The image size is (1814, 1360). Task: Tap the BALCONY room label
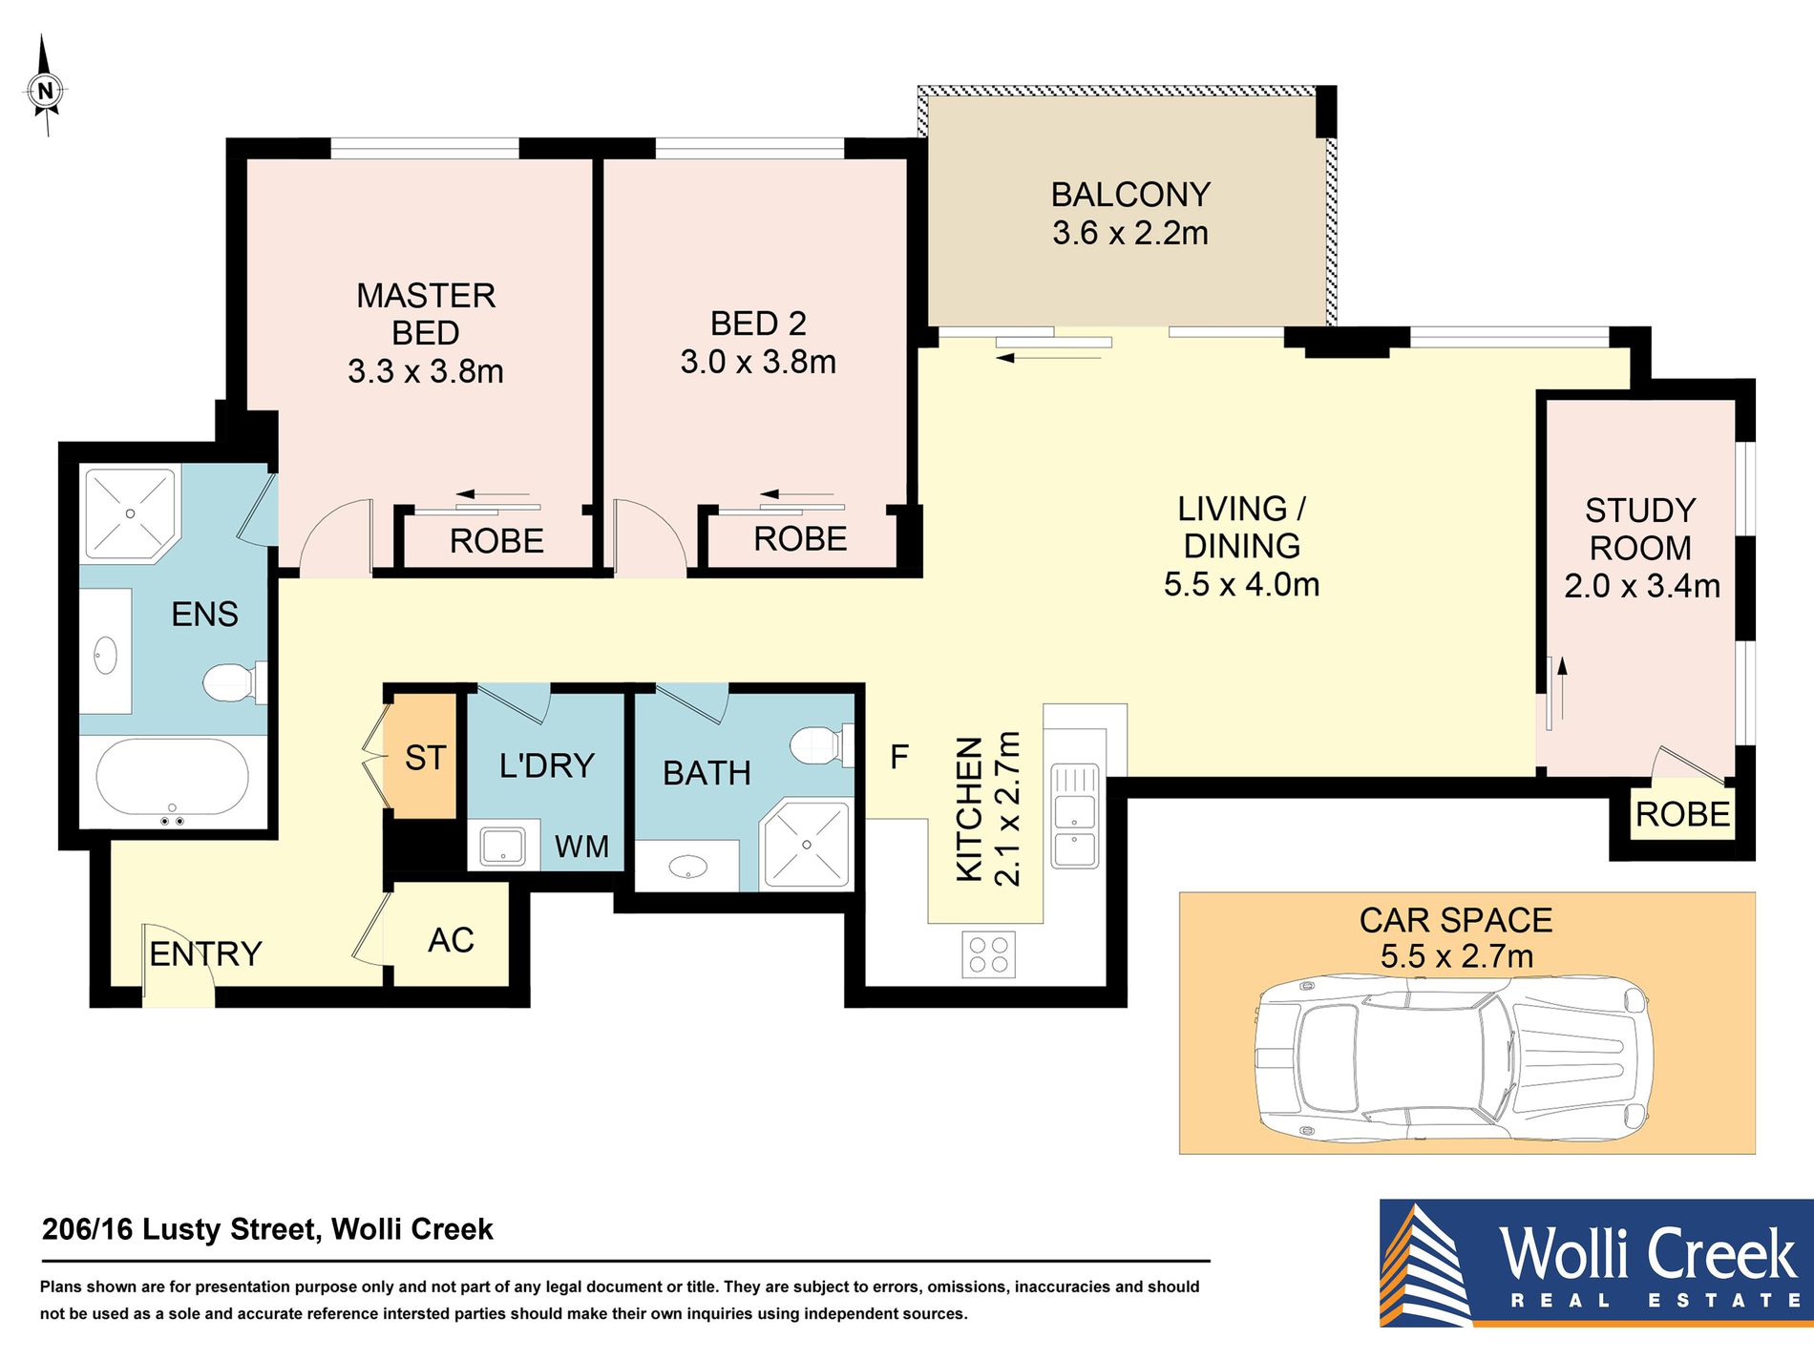(1130, 195)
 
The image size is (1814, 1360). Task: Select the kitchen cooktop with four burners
(988, 954)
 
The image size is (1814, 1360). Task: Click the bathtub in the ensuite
(172, 780)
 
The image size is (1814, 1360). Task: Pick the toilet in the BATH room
(822, 744)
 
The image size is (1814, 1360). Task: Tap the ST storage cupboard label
(425, 758)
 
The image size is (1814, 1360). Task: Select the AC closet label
(451, 940)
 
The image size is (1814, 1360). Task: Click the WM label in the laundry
(581, 847)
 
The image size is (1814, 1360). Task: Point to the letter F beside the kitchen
(898, 757)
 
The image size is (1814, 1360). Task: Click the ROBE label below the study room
(1682, 814)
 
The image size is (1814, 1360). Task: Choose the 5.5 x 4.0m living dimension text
(1241, 584)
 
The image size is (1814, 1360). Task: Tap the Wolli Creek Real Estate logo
(1596, 1263)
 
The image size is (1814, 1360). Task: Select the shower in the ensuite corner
(131, 513)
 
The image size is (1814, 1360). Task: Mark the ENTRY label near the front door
(205, 953)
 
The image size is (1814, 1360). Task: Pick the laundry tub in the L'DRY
(502, 846)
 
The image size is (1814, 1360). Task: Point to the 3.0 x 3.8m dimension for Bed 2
(758, 362)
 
